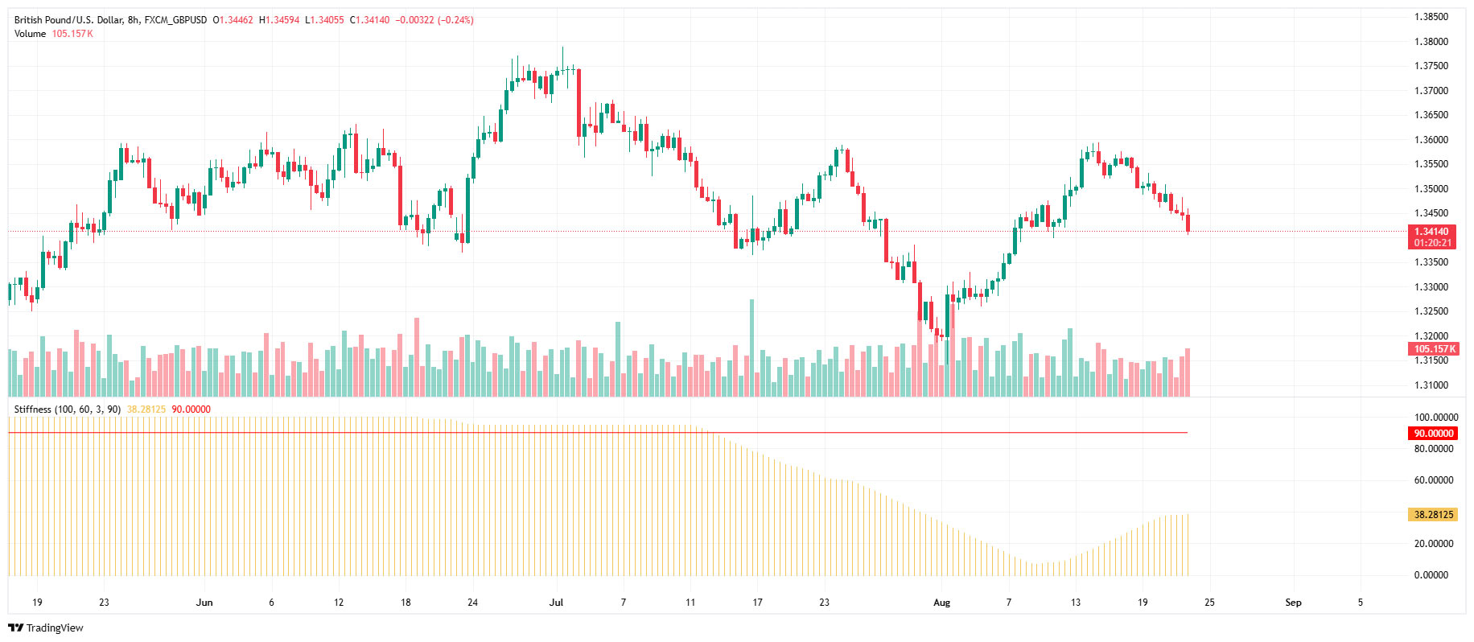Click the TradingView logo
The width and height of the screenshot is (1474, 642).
coord(46,628)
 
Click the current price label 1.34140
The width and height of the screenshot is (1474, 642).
coord(1432,232)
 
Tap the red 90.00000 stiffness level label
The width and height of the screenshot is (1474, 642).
coord(1434,434)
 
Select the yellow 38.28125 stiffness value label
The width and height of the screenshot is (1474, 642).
coord(1434,515)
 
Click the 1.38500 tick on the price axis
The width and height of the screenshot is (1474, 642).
coord(1431,17)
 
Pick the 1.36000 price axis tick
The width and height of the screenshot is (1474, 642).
coord(1431,140)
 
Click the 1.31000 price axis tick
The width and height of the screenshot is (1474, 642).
coord(1431,385)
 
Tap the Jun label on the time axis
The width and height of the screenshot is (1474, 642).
coord(204,603)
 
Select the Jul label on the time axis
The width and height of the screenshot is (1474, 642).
coord(556,603)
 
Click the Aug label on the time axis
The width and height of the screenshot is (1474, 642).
coord(941,603)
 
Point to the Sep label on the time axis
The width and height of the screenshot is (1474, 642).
coord(1293,603)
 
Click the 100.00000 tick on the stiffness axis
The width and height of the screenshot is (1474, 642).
coord(1435,418)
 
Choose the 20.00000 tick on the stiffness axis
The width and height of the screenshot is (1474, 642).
coord(1434,544)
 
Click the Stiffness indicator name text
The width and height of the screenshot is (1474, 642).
coord(32,409)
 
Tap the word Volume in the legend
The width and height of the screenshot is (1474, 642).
coord(30,34)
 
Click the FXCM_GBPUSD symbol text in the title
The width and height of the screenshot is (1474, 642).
coord(175,20)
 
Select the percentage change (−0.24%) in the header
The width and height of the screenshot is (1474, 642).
coord(455,20)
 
